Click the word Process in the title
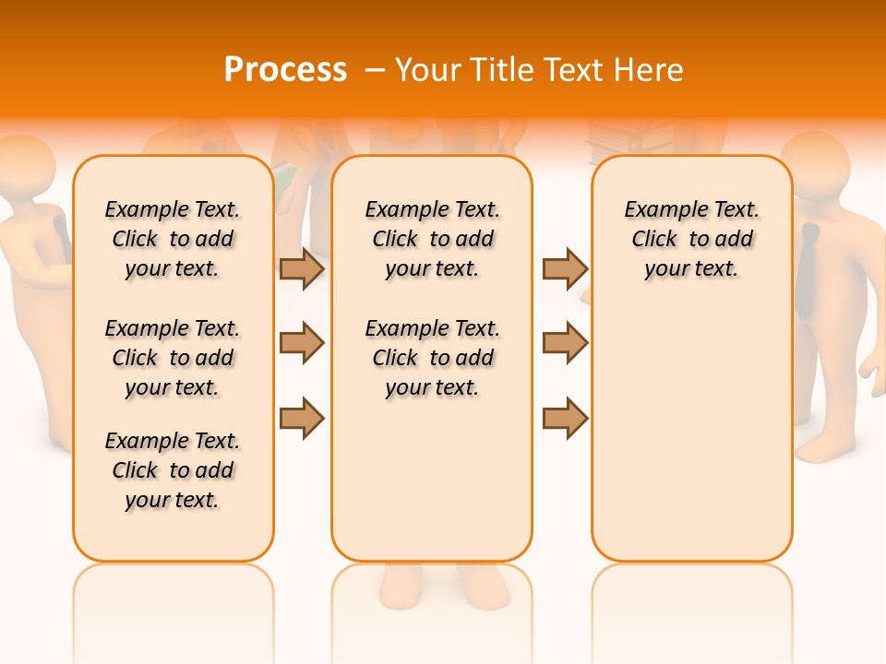point(285,69)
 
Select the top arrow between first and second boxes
point(302,268)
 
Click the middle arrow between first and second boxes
point(302,343)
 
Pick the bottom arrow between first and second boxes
point(302,418)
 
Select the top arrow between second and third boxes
point(565,268)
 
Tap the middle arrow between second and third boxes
point(565,343)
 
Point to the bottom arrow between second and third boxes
point(565,418)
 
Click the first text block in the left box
point(173,239)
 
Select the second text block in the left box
point(173,358)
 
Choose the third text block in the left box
point(173,470)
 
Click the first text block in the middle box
point(432,239)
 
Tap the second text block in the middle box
point(432,358)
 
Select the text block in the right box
point(691,239)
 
